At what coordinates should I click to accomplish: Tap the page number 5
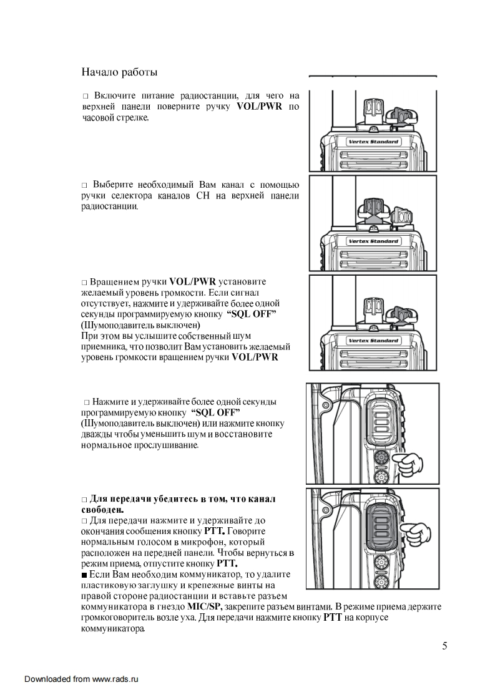[x=444, y=646]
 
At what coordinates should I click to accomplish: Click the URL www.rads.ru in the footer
[x=114, y=679]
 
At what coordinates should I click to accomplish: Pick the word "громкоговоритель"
[x=117, y=618]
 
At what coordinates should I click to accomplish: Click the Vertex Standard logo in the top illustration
[x=373, y=142]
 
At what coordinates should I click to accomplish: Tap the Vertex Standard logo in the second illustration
[x=373, y=241]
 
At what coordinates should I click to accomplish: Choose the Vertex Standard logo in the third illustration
[x=373, y=341]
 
